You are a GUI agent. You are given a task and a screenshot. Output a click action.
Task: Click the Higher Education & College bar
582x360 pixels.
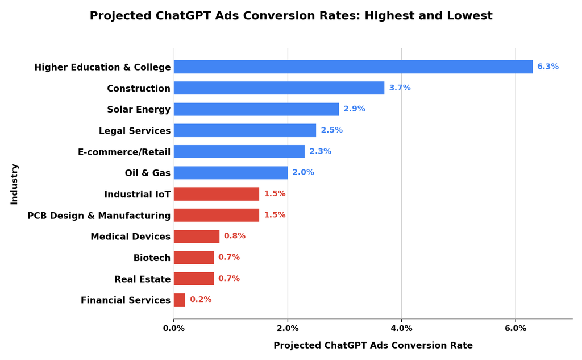point(353,67)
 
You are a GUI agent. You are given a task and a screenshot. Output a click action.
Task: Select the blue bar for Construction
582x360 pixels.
point(279,88)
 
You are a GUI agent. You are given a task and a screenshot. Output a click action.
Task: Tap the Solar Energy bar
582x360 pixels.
point(256,109)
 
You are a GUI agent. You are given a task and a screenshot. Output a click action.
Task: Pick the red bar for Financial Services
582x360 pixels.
point(179,300)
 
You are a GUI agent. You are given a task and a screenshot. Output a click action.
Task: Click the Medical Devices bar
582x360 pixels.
point(196,236)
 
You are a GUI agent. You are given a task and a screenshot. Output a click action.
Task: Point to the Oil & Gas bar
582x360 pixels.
point(231,173)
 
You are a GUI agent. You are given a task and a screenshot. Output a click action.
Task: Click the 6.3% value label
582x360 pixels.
point(548,67)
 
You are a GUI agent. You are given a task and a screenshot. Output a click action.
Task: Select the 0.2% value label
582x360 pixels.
point(201,300)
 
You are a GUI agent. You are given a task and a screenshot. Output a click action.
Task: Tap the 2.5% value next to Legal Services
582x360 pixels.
point(332,130)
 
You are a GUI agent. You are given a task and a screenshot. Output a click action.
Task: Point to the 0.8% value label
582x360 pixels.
point(235,236)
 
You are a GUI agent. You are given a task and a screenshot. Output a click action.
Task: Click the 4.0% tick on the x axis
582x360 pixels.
point(402,328)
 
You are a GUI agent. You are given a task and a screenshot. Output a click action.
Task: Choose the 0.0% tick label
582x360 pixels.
point(174,328)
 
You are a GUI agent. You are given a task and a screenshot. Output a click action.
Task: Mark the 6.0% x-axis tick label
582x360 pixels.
point(516,328)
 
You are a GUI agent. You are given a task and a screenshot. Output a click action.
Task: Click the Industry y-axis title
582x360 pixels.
point(14,184)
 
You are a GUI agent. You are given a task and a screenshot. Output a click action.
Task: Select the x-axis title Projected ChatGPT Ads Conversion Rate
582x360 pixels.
point(373,346)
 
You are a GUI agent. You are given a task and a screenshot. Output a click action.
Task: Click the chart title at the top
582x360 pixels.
point(291,15)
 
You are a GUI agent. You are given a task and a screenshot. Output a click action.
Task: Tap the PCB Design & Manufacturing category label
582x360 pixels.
point(99,216)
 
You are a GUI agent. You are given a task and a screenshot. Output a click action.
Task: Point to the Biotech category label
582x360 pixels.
point(152,258)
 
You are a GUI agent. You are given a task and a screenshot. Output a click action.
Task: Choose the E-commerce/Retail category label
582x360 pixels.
point(124,152)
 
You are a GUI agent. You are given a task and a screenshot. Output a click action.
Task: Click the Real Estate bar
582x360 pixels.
point(194,279)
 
